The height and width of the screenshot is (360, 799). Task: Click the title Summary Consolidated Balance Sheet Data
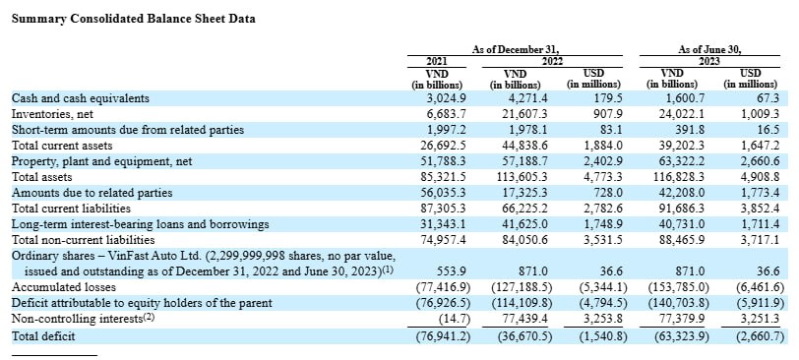tap(134, 19)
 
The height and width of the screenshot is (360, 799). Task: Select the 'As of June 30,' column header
tap(709, 50)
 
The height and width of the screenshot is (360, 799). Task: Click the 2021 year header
tap(436, 62)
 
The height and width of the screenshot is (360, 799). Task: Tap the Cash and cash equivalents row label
tap(81, 98)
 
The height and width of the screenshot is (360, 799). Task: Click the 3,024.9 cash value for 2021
tap(446, 98)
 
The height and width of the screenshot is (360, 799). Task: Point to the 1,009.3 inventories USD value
tap(760, 114)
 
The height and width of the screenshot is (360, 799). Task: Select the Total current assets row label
tap(62, 146)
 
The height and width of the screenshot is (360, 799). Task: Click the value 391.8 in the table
tap(691, 130)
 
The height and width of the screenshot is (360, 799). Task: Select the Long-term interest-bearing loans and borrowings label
tap(140, 224)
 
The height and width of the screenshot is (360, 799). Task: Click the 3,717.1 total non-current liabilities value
tap(760, 240)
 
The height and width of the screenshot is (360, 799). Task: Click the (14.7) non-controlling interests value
tap(454, 320)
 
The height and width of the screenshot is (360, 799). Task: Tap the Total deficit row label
tap(43, 336)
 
